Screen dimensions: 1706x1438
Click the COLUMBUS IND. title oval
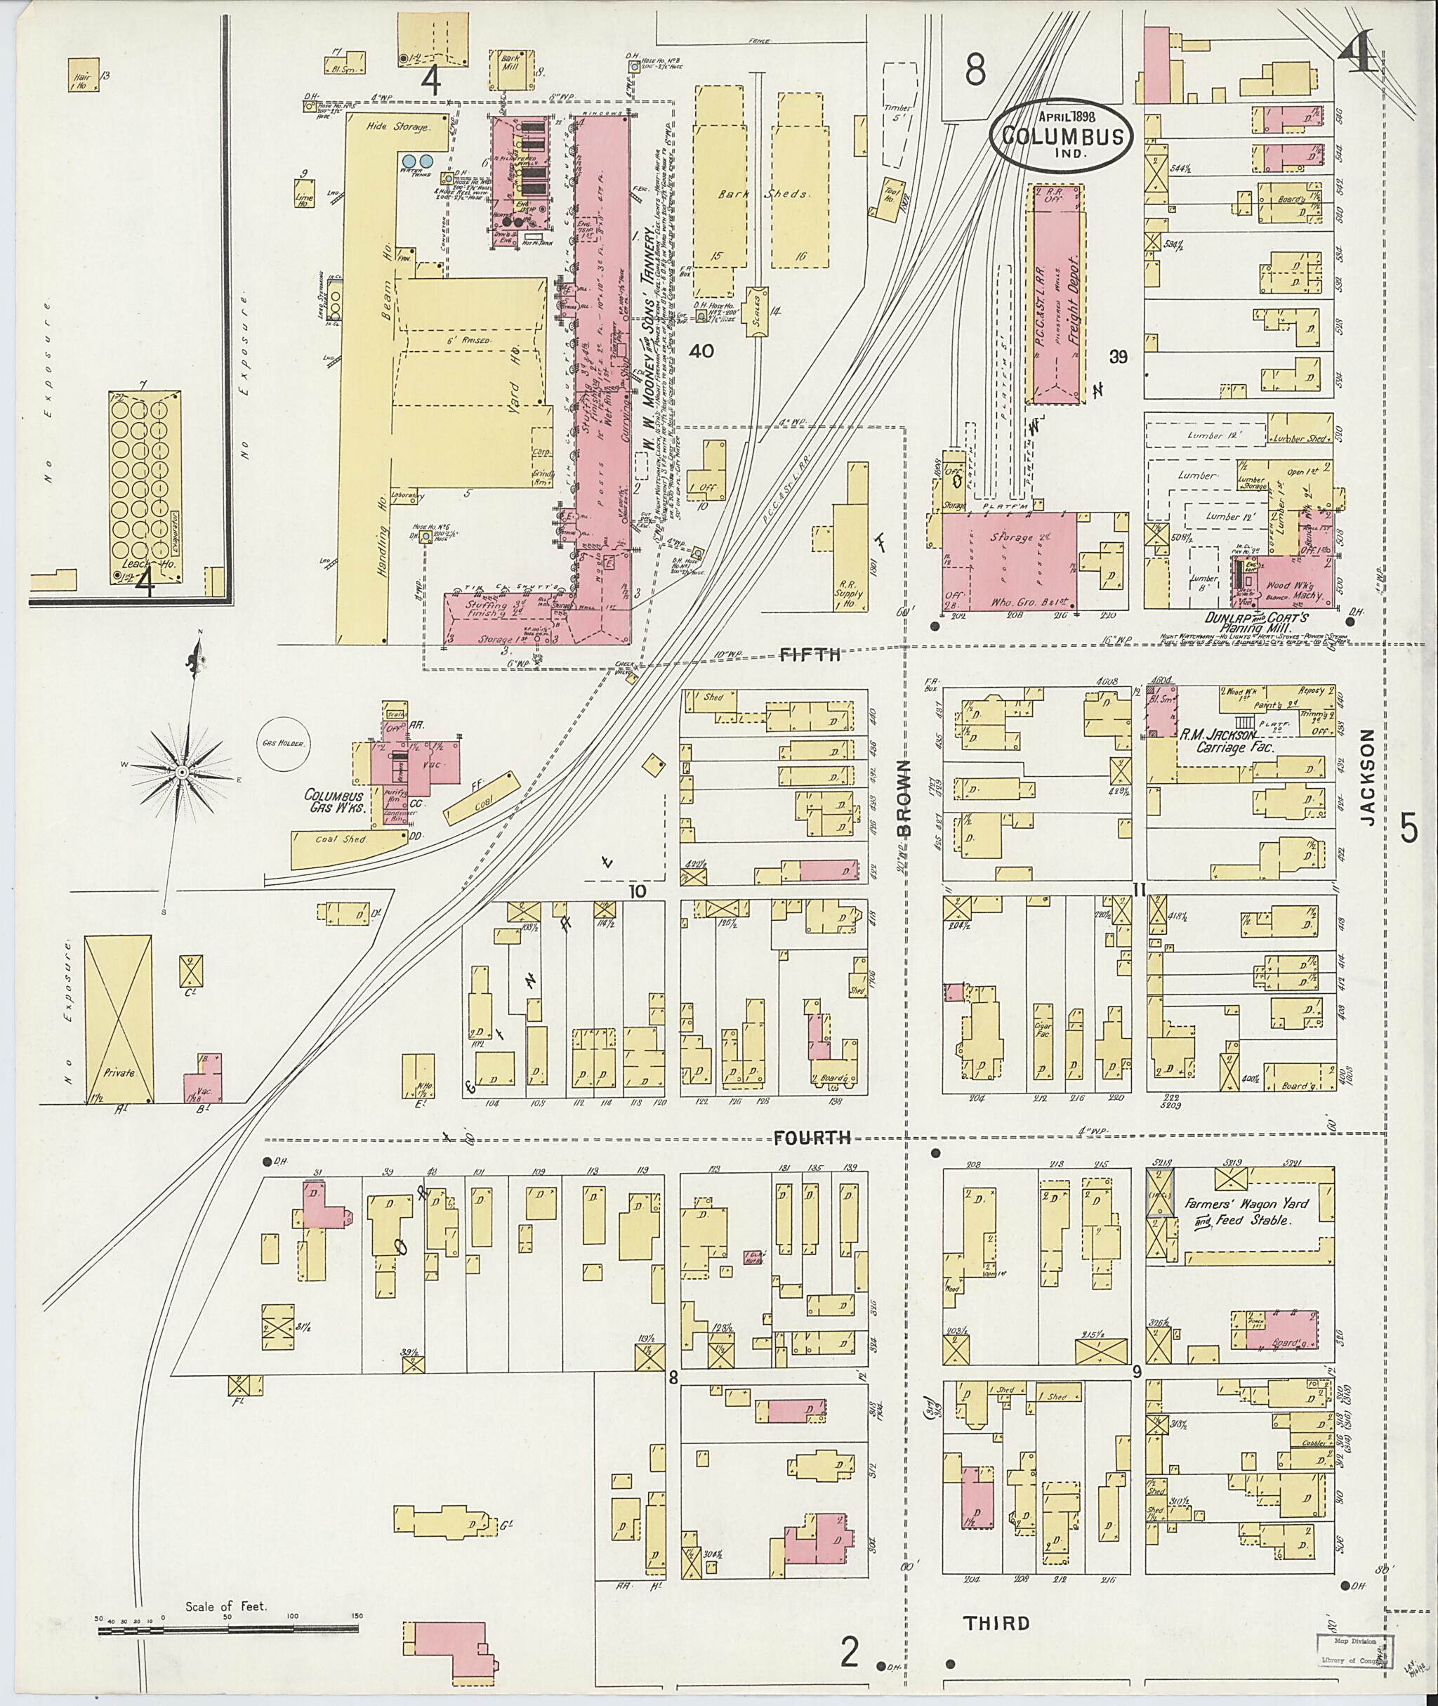[1062, 135]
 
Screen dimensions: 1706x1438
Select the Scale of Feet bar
[227, 1629]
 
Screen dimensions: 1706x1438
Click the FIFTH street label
[810, 654]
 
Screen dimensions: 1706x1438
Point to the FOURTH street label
[813, 1137]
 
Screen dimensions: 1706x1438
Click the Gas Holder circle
[282, 743]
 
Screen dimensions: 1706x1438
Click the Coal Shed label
[343, 839]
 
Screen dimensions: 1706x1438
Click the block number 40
[701, 350]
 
